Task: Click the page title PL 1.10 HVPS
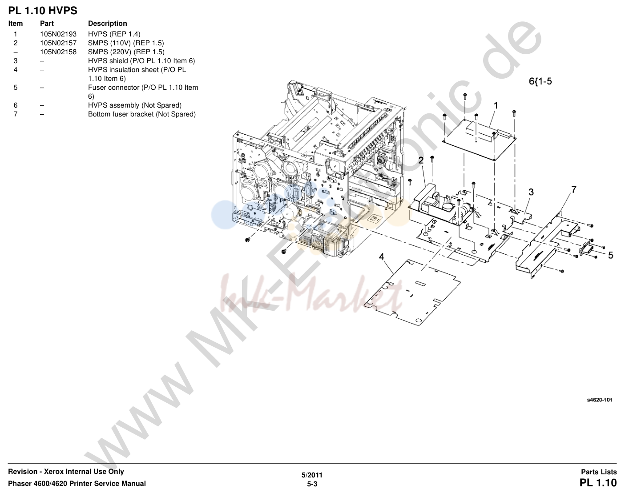(43, 11)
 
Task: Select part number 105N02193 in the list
(58, 34)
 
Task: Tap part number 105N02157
(58, 43)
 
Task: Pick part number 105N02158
(58, 52)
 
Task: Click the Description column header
(108, 24)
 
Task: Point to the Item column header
(16, 24)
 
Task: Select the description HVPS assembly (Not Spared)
(135, 105)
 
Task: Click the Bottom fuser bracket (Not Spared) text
(142, 114)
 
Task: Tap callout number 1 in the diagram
(496, 105)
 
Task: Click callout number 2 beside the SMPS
(421, 160)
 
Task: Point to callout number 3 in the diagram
(531, 192)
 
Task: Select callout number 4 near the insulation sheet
(381, 257)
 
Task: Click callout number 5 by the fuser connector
(610, 255)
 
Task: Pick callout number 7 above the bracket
(573, 189)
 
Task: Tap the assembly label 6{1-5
(540, 81)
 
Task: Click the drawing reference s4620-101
(600, 400)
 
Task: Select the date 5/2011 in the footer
(312, 475)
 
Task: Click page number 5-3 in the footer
(312, 484)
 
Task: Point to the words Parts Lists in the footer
(599, 472)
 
